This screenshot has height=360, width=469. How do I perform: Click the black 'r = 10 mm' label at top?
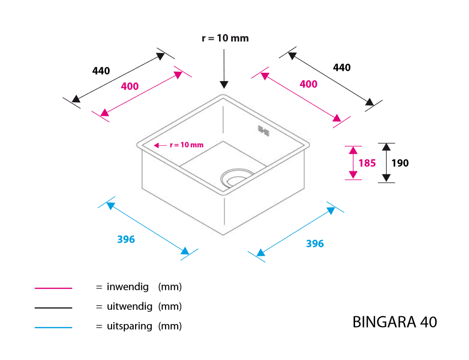click(225, 38)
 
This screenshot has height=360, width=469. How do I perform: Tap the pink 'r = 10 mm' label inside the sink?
click(187, 145)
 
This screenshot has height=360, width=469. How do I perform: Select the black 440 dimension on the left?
click(101, 71)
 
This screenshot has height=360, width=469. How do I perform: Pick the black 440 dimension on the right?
click(342, 68)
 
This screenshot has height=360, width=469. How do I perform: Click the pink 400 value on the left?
click(130, 86)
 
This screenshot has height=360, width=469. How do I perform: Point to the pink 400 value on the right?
click(308, 84)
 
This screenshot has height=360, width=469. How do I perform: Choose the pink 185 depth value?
click(367, 163)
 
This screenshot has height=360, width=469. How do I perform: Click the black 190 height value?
click(400, 163)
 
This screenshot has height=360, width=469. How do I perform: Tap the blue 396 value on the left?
click(126, 239)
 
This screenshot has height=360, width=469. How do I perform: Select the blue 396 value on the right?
click(315, 244)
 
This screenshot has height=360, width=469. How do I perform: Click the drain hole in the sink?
click(236, 178)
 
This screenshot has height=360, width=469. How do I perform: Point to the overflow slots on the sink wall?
click(264, 131)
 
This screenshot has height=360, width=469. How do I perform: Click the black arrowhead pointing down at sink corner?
click(224, 84)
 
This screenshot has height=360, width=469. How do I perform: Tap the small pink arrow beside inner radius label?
click(161, 145)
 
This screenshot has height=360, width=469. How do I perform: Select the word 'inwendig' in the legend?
click(128, 287)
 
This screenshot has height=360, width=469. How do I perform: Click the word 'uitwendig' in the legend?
click(130, 306)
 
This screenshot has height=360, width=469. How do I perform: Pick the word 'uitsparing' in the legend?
click(130, 326)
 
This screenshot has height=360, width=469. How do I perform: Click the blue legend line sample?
click(54, 328)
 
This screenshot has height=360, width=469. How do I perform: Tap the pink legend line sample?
click(54, 288)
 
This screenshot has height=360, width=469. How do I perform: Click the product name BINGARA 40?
click(395, 322)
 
